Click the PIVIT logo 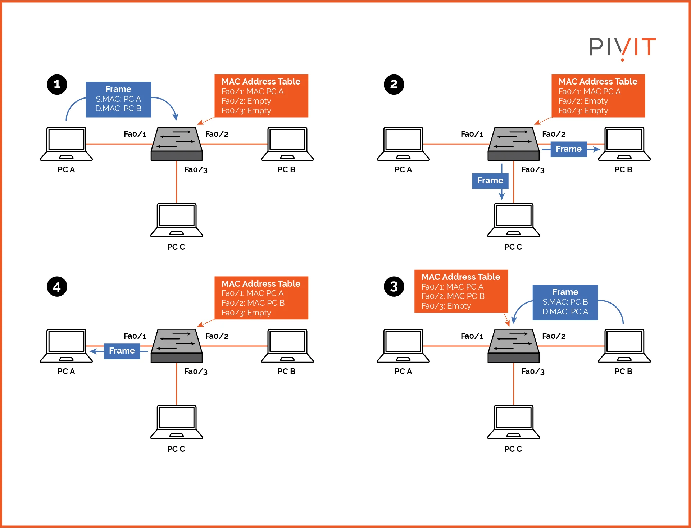(622, 47)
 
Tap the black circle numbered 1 (57, 85)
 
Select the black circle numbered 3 (394, 287)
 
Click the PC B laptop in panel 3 (624, 346)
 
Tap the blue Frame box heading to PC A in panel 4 (122, 351)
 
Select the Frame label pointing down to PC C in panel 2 (490, 181)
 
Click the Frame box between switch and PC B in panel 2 (568, 149)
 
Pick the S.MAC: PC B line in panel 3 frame (565, 302)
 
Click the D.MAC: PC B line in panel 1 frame (118, 108)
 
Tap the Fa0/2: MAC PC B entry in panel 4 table (253, 303)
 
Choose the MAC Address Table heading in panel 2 (597, 82)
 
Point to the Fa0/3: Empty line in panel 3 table (446, 306)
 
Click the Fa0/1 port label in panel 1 (135, 134)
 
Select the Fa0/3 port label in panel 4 (196, 372)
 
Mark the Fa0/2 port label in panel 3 (554, 336)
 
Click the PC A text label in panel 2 (403, 169)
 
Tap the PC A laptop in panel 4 (66, 346)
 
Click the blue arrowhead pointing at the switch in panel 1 (176, 117)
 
